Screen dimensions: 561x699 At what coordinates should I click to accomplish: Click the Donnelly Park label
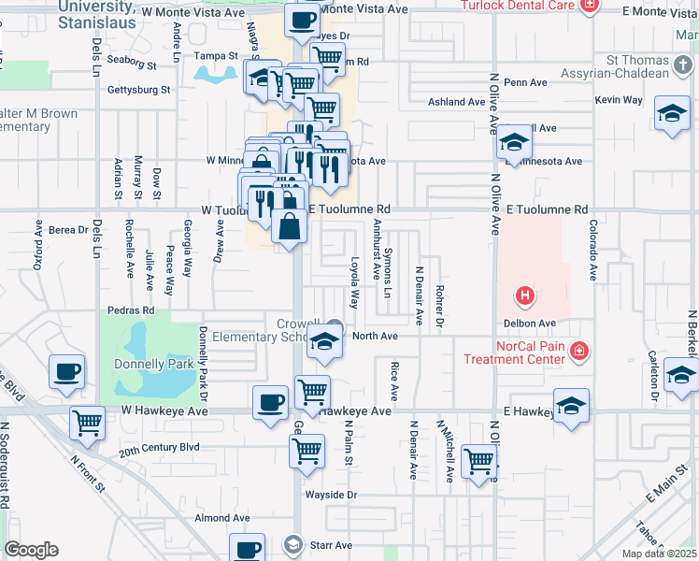click(x=153, y=363)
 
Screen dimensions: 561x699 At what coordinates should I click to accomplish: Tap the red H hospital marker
click(x=525, y=297)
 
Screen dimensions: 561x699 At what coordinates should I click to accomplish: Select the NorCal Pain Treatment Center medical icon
click(x=580, y=352)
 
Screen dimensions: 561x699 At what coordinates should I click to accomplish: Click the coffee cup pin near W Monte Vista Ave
click(x=302, y=21)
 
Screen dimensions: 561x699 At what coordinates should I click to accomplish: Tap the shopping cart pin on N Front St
click(x=87, y=423)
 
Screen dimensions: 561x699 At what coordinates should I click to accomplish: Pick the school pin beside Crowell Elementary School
click(x=324, y=342)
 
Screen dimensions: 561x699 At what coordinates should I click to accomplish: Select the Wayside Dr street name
click(x=332, y=495)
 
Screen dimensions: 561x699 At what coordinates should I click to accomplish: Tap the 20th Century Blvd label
click(x=159, y=448)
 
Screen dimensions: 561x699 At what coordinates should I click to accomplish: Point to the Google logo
click(x=31, y=550)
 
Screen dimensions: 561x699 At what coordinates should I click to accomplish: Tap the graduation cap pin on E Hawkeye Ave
click(x=571, y=406)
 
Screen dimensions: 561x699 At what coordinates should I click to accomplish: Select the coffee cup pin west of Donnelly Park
click(x=66, y=372)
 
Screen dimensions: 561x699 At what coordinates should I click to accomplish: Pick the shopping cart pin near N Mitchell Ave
click(x=479, y=461)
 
